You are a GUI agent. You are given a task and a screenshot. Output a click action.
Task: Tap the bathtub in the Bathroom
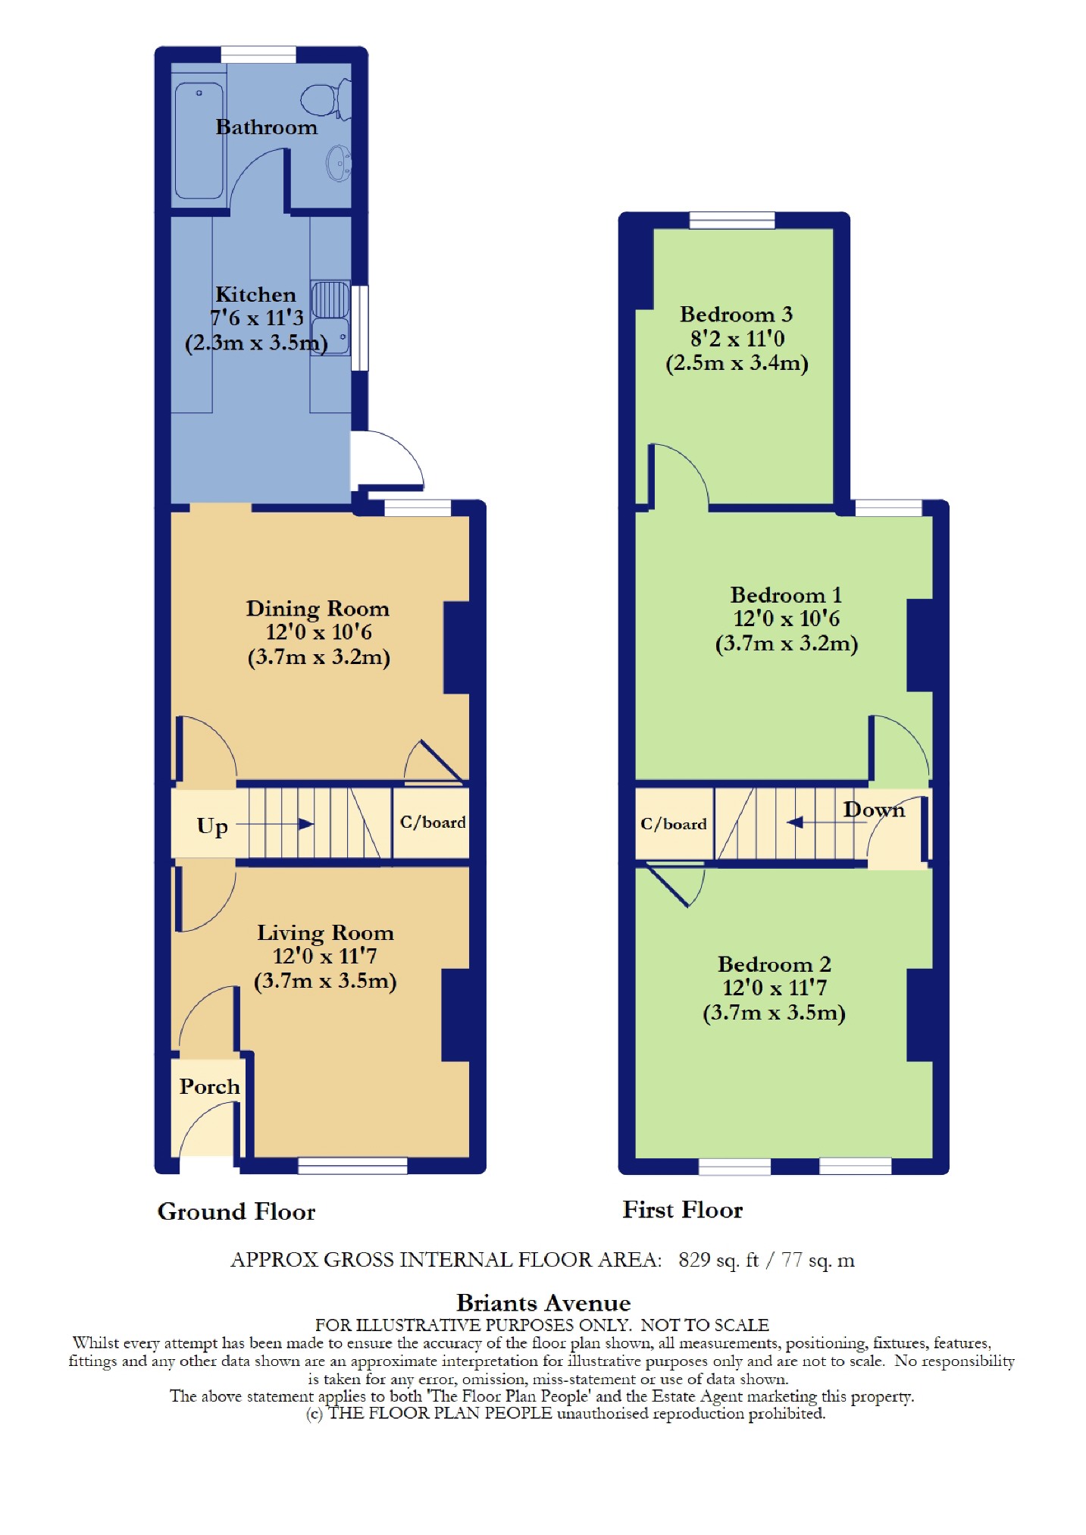point(199,140)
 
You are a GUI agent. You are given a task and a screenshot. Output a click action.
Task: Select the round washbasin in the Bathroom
point(339,163)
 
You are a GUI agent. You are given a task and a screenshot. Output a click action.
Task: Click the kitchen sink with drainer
point(330,318)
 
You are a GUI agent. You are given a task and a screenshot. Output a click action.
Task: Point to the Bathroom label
point(267,127)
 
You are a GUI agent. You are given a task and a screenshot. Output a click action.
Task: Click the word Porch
point(210,1086)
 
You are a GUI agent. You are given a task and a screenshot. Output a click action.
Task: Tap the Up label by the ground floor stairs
point(212,825)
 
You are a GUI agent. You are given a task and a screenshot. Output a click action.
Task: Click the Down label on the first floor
point(874,810)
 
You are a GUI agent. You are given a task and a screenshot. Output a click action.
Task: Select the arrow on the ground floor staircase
point(280,824)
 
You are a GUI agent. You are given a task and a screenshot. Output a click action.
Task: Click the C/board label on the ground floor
point(433,822)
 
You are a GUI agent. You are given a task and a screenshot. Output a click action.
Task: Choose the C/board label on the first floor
point(674,824)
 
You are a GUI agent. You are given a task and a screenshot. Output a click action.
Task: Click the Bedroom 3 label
point(736,314)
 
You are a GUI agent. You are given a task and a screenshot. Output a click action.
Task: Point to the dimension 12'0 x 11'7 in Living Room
point(325,957)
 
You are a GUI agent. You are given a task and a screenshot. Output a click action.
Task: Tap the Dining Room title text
point(318,609)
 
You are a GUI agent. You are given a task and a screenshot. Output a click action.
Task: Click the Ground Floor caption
point(236,1211)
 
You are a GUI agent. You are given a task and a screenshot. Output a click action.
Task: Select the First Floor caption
point(683,1210)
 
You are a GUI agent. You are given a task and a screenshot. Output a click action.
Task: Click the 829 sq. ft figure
point(718,1260)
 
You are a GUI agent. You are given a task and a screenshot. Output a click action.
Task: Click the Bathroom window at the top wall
point(258,55)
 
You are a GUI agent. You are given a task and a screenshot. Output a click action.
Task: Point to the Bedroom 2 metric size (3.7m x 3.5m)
point(775,1013)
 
